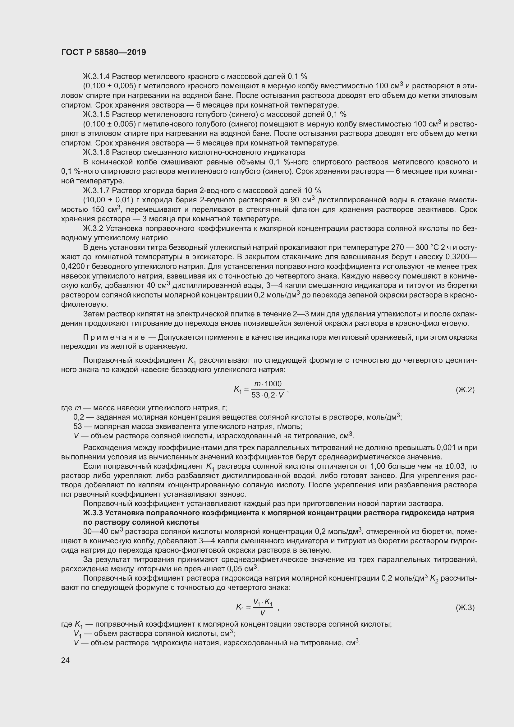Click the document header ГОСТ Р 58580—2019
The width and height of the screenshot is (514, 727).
tap(103, 52)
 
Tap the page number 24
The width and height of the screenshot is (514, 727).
tap(65, 660)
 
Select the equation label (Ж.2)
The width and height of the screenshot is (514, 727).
tap(465, 389)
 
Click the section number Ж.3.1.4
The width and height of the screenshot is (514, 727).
tap(96, 76)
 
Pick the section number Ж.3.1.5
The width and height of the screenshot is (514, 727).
tap(96, 114)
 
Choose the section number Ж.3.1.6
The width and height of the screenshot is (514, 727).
tap(96, 152)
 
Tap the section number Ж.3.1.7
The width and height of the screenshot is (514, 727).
tap(96, 190)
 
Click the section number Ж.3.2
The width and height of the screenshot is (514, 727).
tap(93, 228)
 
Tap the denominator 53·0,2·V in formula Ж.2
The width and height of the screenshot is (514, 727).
tap(268, 395)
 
